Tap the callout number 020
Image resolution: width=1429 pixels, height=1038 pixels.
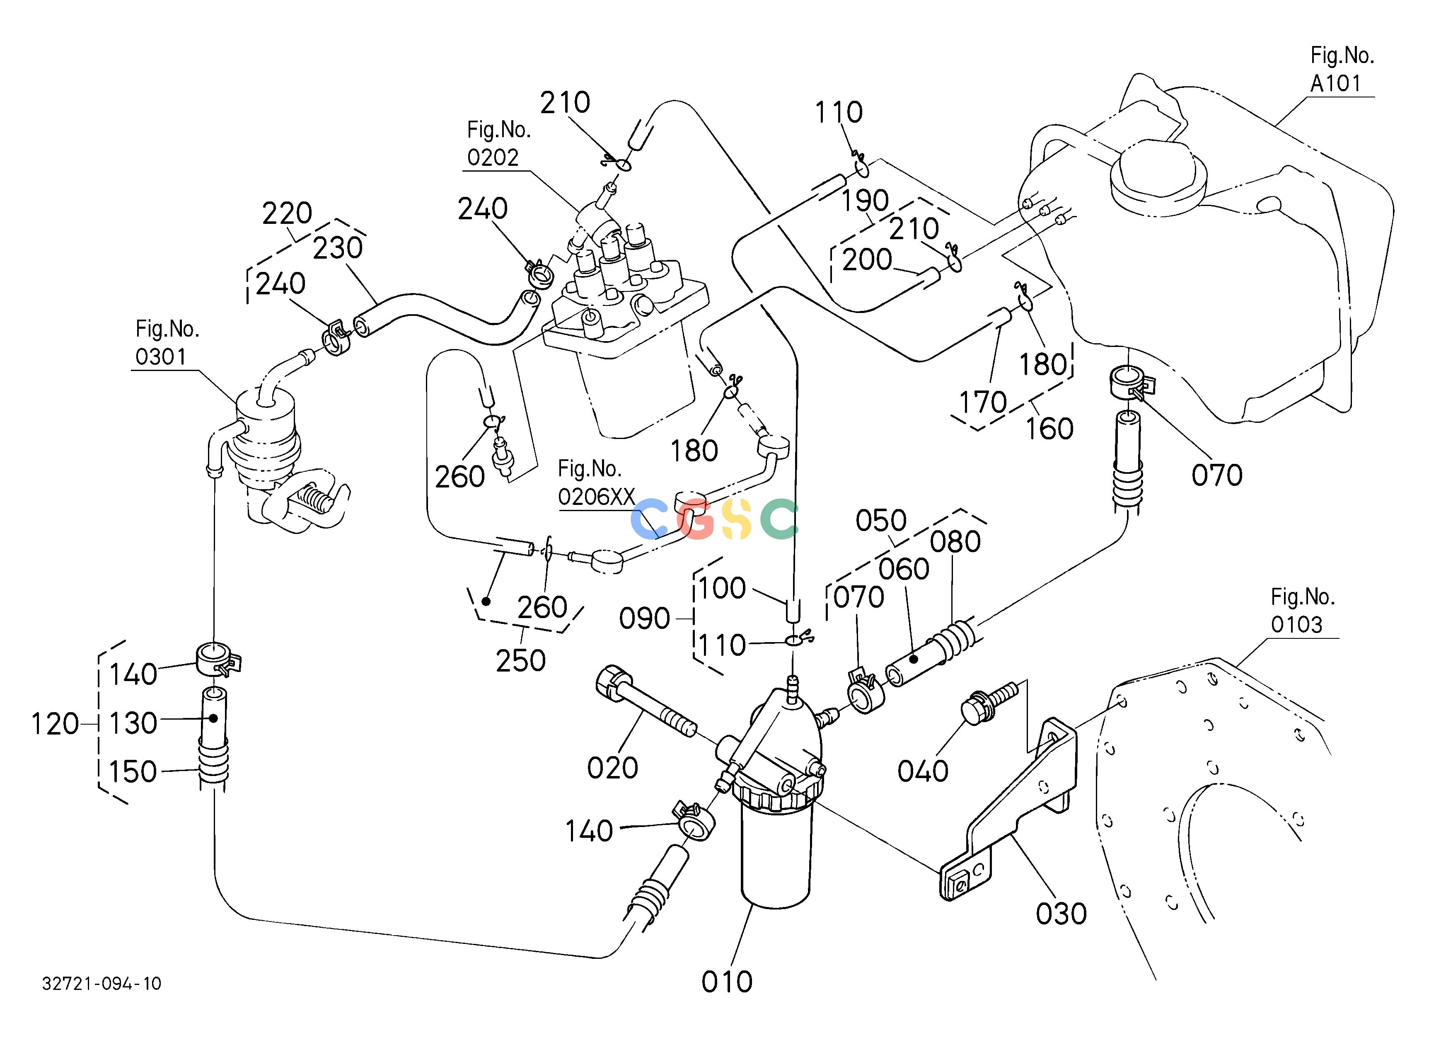pos(612,768)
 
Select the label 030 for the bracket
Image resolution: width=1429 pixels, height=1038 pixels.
pos(1061,914)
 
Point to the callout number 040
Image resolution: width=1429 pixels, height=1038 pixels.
pos(922,771)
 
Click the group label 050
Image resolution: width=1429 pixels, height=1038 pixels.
pos(881,521)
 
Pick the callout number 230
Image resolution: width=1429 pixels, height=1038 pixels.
pos(338,247)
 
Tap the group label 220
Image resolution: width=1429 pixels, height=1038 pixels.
pos(287,213)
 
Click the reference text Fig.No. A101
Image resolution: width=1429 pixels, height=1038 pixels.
pos(1342,69)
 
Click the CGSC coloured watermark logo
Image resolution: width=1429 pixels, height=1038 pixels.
pos(714,519)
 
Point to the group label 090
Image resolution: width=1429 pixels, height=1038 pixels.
pos(644,619)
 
